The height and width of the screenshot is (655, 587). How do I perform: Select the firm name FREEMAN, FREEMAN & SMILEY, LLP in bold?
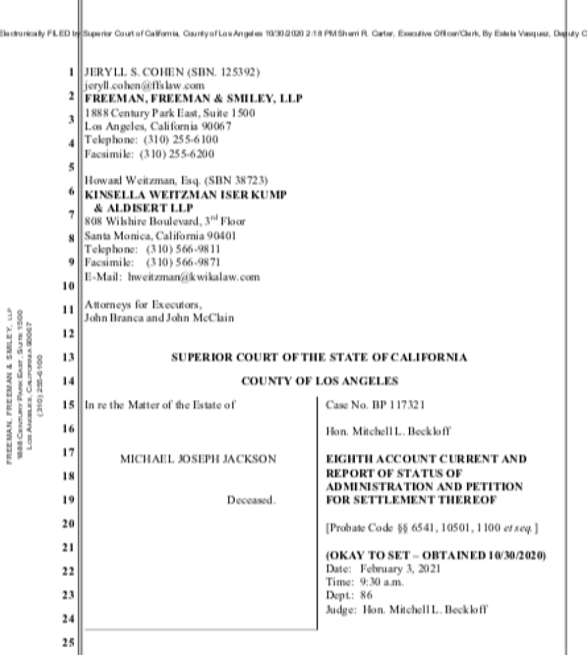(x=193, y=99)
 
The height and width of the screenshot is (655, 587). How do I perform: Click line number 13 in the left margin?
(x=68, y=358)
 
